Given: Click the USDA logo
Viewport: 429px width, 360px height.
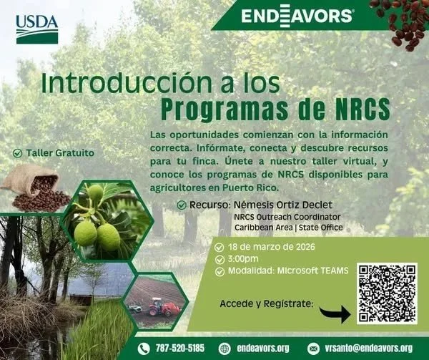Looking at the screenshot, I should click(x=36, y=29).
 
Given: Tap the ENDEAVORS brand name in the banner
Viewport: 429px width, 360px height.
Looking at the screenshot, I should click(x=296, y=16).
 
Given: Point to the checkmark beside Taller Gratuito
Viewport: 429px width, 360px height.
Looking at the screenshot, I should click(x=18, y=153).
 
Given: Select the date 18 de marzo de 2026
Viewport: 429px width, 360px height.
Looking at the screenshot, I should click(x=272, y=248).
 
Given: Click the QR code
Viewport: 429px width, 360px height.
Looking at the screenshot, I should click(x=386, y=293).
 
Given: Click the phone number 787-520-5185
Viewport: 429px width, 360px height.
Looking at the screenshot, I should click(x=179, y=349).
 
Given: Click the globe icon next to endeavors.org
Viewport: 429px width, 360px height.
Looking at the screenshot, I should click(x=225, y=349).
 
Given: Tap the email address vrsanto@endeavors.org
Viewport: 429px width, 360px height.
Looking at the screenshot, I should click(x=370, y=349).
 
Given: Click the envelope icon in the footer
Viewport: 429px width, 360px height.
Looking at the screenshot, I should click(x=313, y=349).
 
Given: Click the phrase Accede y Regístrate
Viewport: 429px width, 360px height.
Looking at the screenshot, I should click(x=267, y=303).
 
